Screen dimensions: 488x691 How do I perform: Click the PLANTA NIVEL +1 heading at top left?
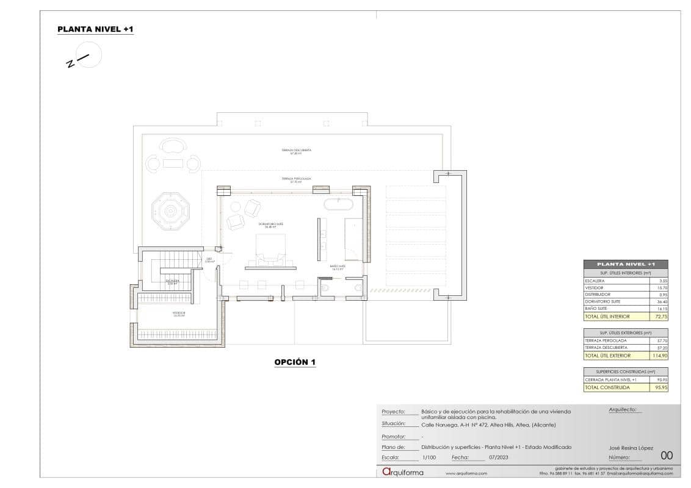pyautogui.click(x=95, y=29)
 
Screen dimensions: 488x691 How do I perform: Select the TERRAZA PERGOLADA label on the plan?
pyautogui.click(x=296, y=180)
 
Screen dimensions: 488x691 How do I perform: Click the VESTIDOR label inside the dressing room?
pyautogui.click(x=178, y=314)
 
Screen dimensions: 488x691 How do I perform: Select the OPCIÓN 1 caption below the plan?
pyautogui.click(x=295, y=362)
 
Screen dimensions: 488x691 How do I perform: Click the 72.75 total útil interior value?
pyautogui.click(x=658, y=317)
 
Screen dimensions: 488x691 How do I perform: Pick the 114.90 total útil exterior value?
pyautogui.click(x=657, y=355)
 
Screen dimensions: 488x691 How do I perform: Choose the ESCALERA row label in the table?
pyautogui.click(x=595, y=281)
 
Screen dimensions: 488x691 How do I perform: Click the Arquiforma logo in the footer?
pyautogui.click(x=402, y=472)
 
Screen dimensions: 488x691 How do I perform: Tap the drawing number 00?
pyautogui.click(x=667, y=455)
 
